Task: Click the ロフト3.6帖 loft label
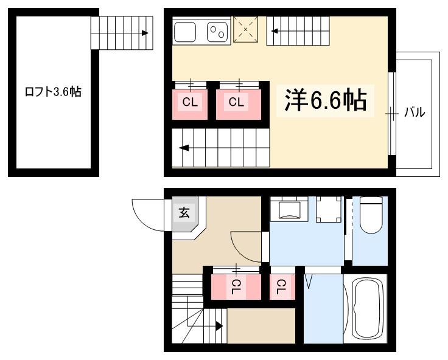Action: click(x=52, y=92)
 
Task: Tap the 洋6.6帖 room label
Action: click(x=326, y=100)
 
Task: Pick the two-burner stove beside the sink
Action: click(x=217, y=31)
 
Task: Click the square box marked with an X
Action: click(x=247, y=29)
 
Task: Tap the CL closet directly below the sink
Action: click(x=191, y=103)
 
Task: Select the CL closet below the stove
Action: click(x=237, y=103)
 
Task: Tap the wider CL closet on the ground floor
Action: click(x=236, y=285)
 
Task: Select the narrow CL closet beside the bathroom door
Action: click(x=282, y=285)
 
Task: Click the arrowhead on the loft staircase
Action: click(x=145, y=33)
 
